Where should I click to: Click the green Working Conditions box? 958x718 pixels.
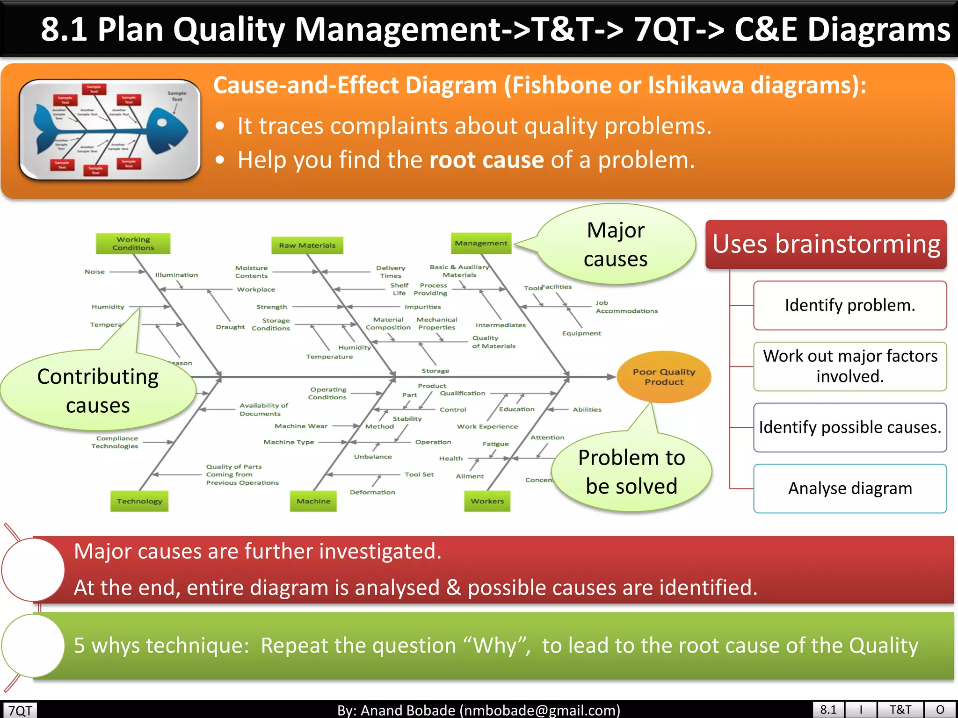tap(133, 244)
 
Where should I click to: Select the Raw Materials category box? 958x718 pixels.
tap(307, 245)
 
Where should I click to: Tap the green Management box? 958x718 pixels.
tap(481, 244)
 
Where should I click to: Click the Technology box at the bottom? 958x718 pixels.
tap(139, 501)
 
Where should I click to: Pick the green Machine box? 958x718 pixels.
tap(313, 501)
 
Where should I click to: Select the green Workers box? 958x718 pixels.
tap(487, 501)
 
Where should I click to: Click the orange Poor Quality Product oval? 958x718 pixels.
tap(664, 377)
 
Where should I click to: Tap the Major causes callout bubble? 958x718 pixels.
tap(616, 244)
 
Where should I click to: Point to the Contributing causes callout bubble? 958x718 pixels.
tap(98, 391)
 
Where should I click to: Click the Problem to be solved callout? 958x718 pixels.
tap(631, 472)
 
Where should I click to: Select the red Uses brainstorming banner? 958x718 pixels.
tap(826, 244)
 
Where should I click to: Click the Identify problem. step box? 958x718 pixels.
tap(850, 305)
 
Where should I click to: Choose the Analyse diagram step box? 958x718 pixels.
tap(850, 488)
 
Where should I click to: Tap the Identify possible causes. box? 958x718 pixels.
tap(850, 427)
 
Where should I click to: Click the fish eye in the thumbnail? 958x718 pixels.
tap(162, 123)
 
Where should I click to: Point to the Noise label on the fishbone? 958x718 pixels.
tap(94, 272)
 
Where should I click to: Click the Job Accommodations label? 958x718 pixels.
tap(626, 307)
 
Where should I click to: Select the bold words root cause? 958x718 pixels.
tap(486, 160)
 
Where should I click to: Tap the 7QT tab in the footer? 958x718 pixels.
tap(20, 710)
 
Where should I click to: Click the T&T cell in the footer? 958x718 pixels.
tap(900, 710)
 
